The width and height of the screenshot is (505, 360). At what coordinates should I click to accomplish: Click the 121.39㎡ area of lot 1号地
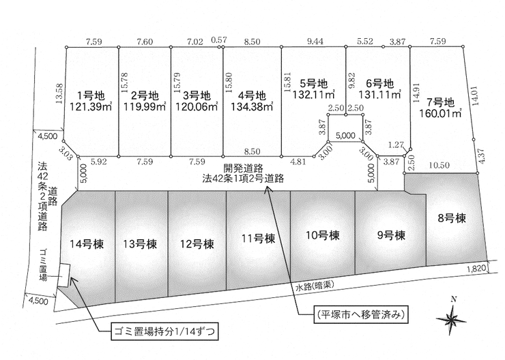tap(91, 106)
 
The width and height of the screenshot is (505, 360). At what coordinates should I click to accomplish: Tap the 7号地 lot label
tap(441, 103)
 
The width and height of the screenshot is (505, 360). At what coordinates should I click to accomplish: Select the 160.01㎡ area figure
tap(440, 114)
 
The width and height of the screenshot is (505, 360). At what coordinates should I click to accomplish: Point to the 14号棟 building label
tap(87, 244)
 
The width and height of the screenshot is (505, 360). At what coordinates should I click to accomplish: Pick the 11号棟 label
tap(258, 239)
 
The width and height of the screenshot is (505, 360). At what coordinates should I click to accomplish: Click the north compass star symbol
tap(452, 318)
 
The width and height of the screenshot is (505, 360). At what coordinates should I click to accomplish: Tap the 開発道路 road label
tap(244, 168)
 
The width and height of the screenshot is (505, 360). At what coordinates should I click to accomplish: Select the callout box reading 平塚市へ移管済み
tap(360, 314)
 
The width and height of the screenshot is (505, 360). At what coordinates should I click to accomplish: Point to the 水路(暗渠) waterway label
tap(314, 286)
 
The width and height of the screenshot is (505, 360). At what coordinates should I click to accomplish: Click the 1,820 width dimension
tap(476, 268)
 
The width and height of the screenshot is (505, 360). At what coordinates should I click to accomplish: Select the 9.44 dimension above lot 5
tap(315, 41)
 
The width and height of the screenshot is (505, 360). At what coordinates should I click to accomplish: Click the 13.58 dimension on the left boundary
tap(59, 93)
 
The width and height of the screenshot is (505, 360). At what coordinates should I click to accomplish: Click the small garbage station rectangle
tap(63, 275)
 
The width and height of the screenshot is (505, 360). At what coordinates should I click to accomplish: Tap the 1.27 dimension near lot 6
tap(396, 145)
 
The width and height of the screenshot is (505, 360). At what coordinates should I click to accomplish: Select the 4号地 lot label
tap(252, 95)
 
